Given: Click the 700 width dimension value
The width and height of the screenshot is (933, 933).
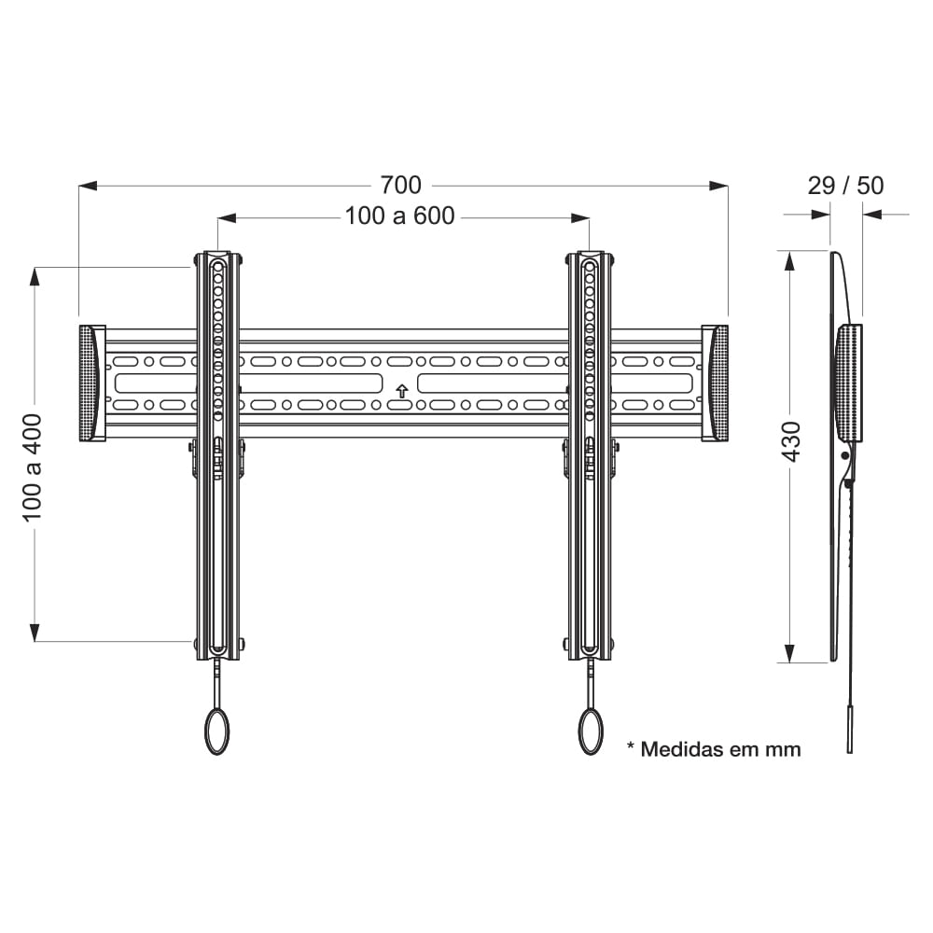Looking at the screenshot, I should [x=401, y=185].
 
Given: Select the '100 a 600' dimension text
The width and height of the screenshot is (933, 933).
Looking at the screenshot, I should [x=399, y=216].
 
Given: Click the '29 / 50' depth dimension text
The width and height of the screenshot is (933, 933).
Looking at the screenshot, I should [x=845, y=185].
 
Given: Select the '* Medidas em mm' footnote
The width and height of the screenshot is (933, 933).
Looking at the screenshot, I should [x=714, y=749].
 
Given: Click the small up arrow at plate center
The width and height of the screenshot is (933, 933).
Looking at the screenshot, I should [x=401, y=391].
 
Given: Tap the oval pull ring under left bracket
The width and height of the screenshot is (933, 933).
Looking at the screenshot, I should [x=216, y=731].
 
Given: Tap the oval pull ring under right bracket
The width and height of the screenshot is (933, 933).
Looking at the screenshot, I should [x=591, y=731].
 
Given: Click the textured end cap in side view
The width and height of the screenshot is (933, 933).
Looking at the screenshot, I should [x=849, y=383].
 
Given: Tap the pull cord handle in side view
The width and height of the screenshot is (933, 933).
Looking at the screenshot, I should [x=849, y=730].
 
